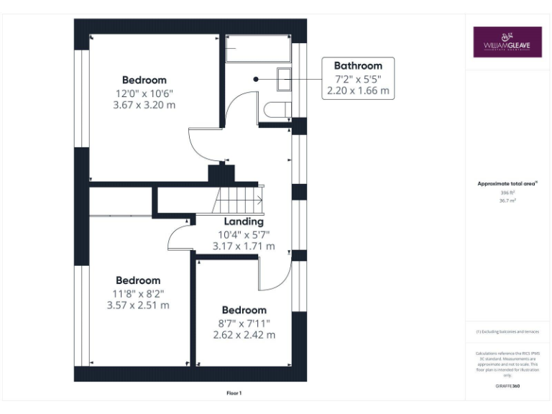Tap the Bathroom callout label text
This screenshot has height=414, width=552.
pos(357,65)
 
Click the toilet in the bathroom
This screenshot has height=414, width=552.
pos(277,110)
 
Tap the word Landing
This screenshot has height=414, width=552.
pos(244,221)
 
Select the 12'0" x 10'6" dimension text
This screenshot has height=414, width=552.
pos(144,93)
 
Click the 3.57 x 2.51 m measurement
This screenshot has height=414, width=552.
pos(138,305)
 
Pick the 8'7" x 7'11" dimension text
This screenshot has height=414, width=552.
pos(244,323)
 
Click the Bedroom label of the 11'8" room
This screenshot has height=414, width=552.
pos(138,280)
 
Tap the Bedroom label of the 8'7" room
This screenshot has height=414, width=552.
pos(244,310)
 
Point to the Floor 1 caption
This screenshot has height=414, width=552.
pos(234,393)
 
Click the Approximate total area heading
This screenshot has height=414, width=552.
pos(507,184)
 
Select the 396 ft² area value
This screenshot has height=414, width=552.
pos(507,193)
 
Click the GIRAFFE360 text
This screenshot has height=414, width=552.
pos(507,387)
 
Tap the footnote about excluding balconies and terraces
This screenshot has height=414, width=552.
pos(507,331)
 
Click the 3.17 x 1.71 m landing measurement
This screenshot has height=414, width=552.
pos(244,246)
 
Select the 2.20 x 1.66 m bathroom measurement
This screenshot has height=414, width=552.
pos(357,91)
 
